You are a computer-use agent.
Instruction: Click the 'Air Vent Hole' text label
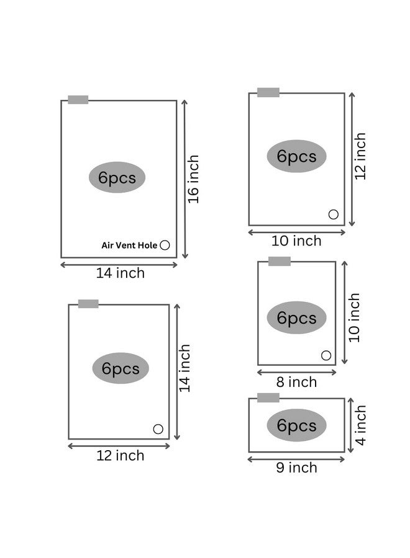pos(129,245)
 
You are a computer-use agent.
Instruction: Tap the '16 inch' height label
pos(193,179)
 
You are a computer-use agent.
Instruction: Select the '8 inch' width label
pos(296,382)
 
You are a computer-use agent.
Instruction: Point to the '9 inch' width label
pos(296,467)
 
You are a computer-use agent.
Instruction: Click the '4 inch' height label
pos(360,425)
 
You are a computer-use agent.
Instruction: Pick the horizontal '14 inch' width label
pos(121,273)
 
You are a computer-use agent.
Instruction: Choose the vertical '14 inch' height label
pos(184,368)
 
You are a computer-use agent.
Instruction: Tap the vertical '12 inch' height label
pos(360,156)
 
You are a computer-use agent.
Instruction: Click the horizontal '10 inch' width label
pos(296,241)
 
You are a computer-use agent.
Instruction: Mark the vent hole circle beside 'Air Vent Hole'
pos(165,245)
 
